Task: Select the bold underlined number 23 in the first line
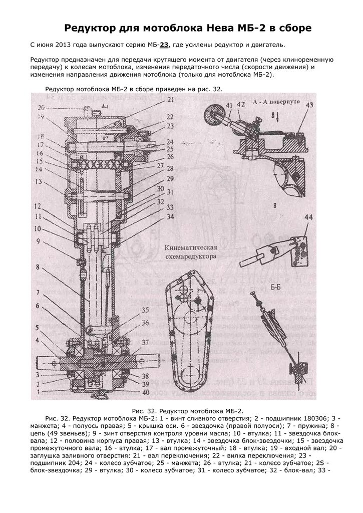(x=165, y=45)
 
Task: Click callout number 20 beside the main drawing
(x=41, y=107)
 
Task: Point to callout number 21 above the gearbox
(x=170, y=100)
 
